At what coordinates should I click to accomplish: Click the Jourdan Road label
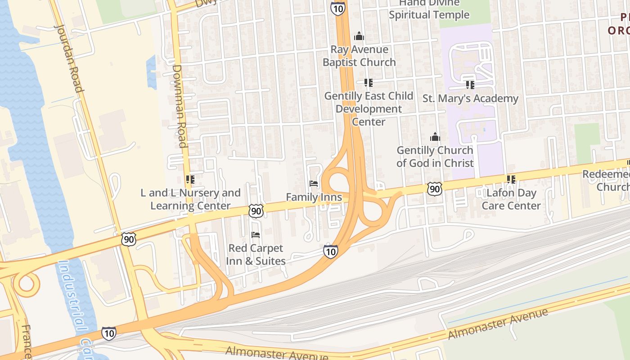(69, 57)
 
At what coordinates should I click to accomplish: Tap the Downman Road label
(180, 106)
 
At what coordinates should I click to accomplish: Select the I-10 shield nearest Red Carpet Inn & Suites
(330, 252)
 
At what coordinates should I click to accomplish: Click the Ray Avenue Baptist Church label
(359, 56)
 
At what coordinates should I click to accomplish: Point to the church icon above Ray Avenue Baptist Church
(359, 36)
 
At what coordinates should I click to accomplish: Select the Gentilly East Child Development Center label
(369, 109)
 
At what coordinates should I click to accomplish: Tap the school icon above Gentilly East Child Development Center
(369, 83)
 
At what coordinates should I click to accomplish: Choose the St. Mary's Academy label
(470, 99)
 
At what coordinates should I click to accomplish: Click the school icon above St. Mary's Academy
(470, 85)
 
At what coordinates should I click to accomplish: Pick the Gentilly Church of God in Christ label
(435, 157)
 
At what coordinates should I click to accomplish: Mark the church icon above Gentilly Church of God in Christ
(435, 137)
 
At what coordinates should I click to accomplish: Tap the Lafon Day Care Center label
(511, 199)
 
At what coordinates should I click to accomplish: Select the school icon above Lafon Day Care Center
(511, 180)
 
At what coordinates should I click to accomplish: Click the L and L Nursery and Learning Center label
(190, 199)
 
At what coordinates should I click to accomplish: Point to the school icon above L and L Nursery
(190, 180)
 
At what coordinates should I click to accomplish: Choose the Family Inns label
(314, 197)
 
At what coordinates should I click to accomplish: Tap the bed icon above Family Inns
(314, 184)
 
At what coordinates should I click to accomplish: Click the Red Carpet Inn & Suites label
(256, 255)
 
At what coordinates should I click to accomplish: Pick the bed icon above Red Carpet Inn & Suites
(256, 235)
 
